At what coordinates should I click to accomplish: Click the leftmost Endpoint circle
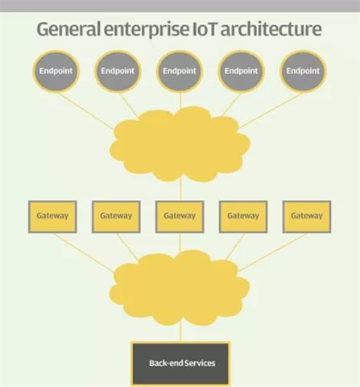click(56, 71)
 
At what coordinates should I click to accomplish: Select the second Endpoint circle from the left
click(118, 71)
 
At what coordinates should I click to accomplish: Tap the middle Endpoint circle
click(180, 71)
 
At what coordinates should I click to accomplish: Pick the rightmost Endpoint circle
click(303, 71)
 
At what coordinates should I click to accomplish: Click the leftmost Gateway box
click(52, 216)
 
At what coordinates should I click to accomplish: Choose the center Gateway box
click(180, 216)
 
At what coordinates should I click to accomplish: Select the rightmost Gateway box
click(307, 216)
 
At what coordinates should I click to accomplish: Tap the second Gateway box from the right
click(243, 216)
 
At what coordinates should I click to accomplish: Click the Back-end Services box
click(180, 364)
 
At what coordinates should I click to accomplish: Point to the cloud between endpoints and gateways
click(180, 145)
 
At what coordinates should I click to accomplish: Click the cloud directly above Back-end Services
click(180, 288)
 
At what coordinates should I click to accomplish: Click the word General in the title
click(68, 29)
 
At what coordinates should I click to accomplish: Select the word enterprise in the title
click(147, 30)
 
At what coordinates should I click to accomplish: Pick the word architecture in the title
click(271, 29)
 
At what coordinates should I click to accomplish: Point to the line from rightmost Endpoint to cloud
click(270, 110)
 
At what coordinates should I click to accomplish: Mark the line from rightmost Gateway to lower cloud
click(271, 252)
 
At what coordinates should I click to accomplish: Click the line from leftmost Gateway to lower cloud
click(83, 252)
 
